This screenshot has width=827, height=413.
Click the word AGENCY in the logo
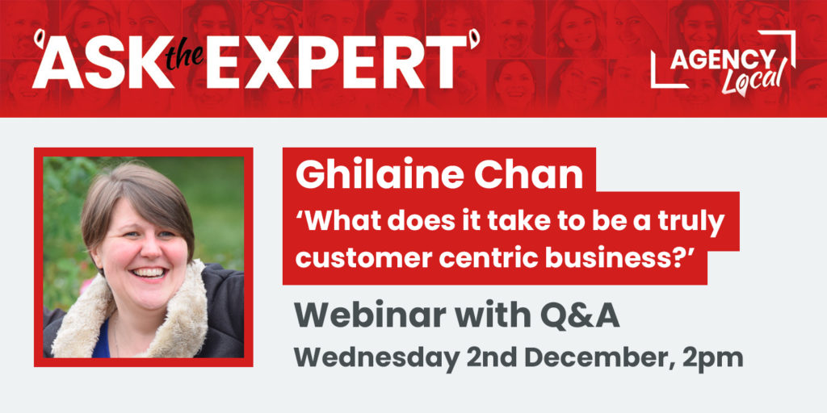pos(723,60)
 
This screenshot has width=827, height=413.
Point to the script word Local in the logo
pos(752,79)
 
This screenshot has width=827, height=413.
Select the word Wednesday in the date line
pos(376,357)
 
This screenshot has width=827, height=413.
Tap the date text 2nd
pos(490,357)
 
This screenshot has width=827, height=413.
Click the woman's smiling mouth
pos(149,273)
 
